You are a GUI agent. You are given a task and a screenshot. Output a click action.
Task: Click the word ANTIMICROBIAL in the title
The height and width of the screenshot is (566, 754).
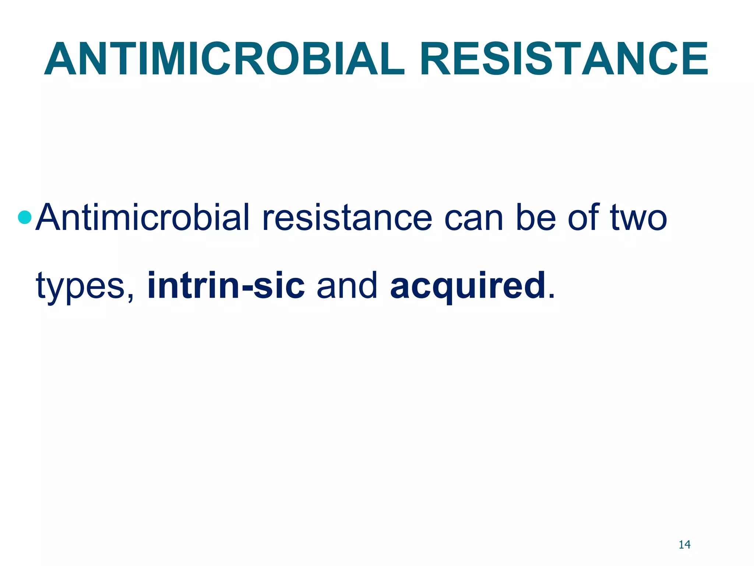tap(225, 59)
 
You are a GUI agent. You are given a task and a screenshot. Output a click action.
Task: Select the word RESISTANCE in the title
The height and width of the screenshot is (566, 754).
tap(564, 59)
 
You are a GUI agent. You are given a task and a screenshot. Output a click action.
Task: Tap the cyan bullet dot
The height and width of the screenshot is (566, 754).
tap(25, 217)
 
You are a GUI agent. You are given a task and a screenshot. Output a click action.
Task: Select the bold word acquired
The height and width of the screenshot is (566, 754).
tap(468, 286)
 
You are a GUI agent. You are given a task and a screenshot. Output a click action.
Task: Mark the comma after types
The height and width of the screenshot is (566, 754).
tap(131, 297)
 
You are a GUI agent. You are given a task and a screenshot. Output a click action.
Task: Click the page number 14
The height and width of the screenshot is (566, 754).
tap(684, 545)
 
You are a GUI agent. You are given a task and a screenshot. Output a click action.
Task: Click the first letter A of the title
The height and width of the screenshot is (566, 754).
tap(61, 59)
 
